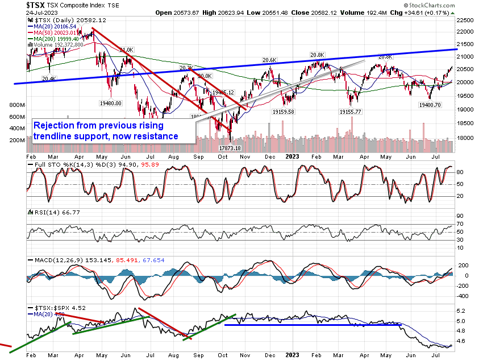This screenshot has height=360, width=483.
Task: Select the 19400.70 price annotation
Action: pyautogui.click(x=430, y=105)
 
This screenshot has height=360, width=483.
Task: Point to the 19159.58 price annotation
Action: pyautogui.click(x=295, y=112)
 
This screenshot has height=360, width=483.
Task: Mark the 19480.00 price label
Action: pyautogui.click(x=111, y=104)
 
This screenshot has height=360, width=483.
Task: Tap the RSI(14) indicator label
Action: pyautogui.click(x=47, y=212)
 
